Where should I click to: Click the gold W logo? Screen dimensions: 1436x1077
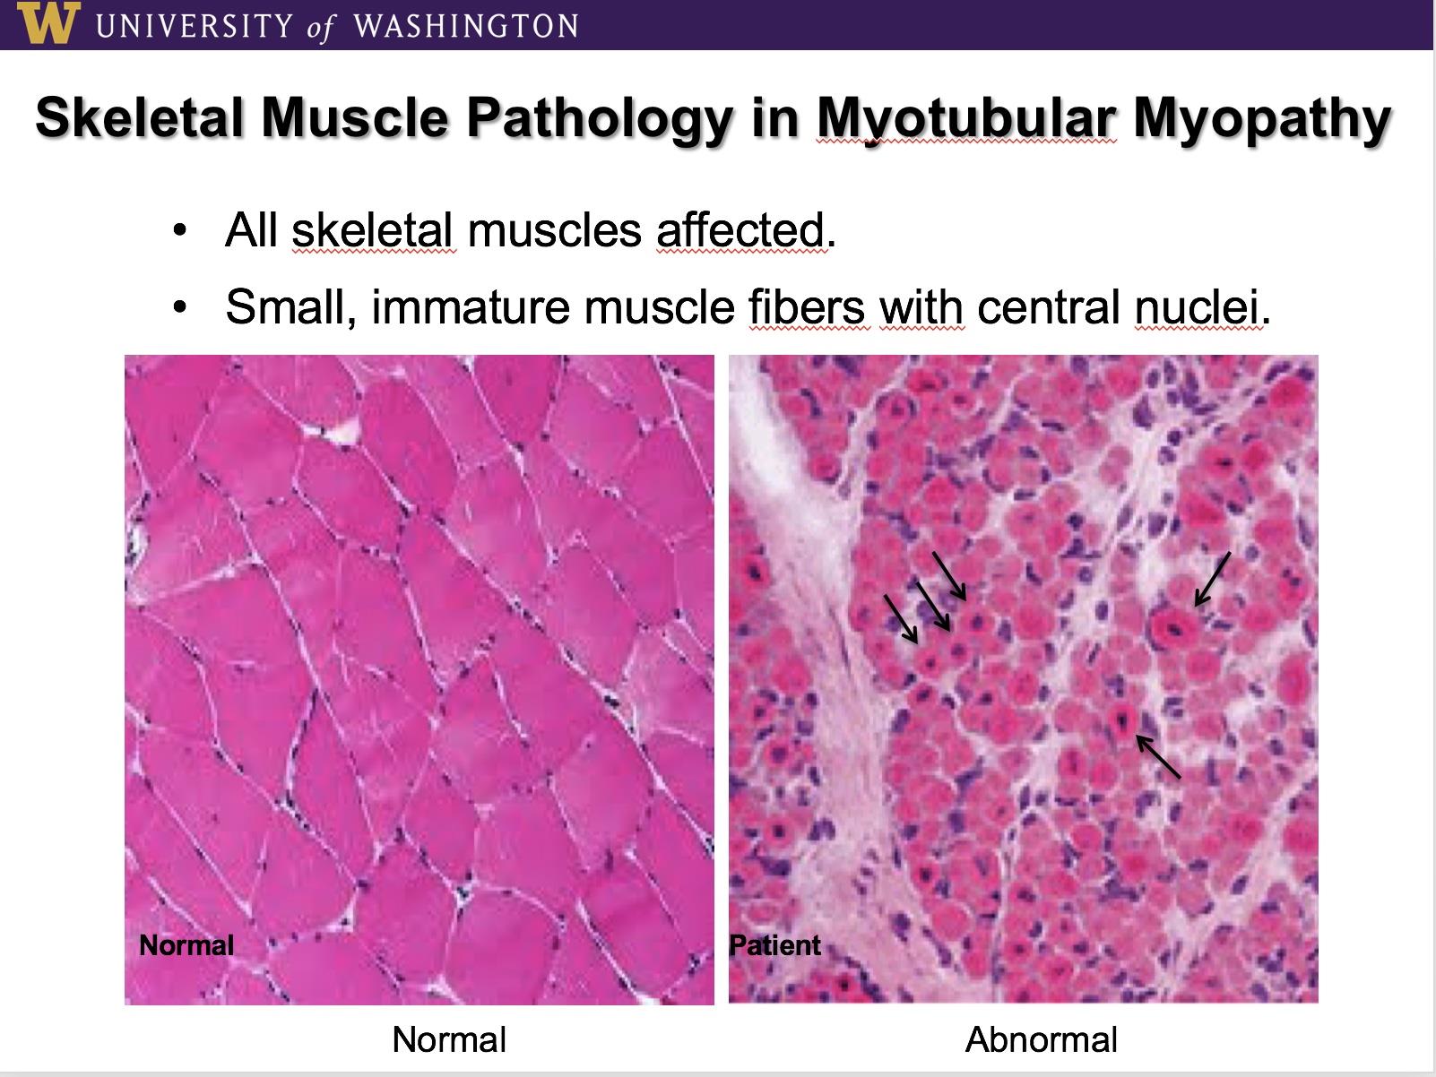(x=48, y=22)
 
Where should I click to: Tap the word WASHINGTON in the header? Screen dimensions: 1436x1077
(x=465, y=26)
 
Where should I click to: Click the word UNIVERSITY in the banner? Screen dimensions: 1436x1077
(x=194, y=26)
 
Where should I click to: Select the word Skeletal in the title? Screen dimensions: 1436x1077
(x=139, y=118)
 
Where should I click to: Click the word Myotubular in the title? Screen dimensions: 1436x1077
(x=966, y=120)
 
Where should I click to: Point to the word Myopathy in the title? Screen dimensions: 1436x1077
(x=1262, y=120)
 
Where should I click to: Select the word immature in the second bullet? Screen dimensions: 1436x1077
(x=471, y=306)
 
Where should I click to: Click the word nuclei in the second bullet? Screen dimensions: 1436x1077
(x=1197, y=306)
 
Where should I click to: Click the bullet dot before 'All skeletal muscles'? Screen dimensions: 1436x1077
(x=180, y=231)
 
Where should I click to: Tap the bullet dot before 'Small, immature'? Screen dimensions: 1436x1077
(x=180, y=307)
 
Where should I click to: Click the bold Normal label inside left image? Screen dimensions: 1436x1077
(x=186, y=945)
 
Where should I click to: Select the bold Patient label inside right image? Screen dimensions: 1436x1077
(x=775, y=945)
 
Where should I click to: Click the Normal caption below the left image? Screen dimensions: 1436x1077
(x=449, y=1039)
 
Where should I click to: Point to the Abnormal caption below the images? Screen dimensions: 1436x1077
(x=1042, y=1039)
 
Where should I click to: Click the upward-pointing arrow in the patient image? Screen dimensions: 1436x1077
(x=1158, y=756)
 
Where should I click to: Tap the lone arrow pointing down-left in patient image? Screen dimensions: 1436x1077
(x=1212, y=579)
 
